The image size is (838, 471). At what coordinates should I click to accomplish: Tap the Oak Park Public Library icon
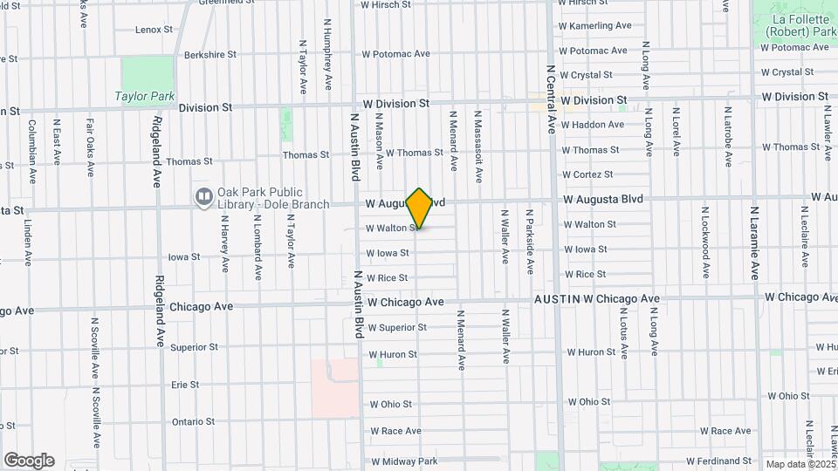point(203,198)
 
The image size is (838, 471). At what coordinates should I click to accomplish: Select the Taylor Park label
point(144,96)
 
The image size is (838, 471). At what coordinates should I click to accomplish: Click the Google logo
point(29,461)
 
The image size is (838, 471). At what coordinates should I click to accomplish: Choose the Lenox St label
point(155,30)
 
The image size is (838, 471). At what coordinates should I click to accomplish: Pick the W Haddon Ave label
point(593,125)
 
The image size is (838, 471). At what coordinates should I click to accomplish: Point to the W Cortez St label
point(589,174)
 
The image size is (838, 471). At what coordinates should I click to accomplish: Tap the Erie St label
point(185,385)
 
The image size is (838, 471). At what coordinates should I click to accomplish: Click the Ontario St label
point(193,422)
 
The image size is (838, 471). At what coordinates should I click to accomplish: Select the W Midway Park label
point(403,461)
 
